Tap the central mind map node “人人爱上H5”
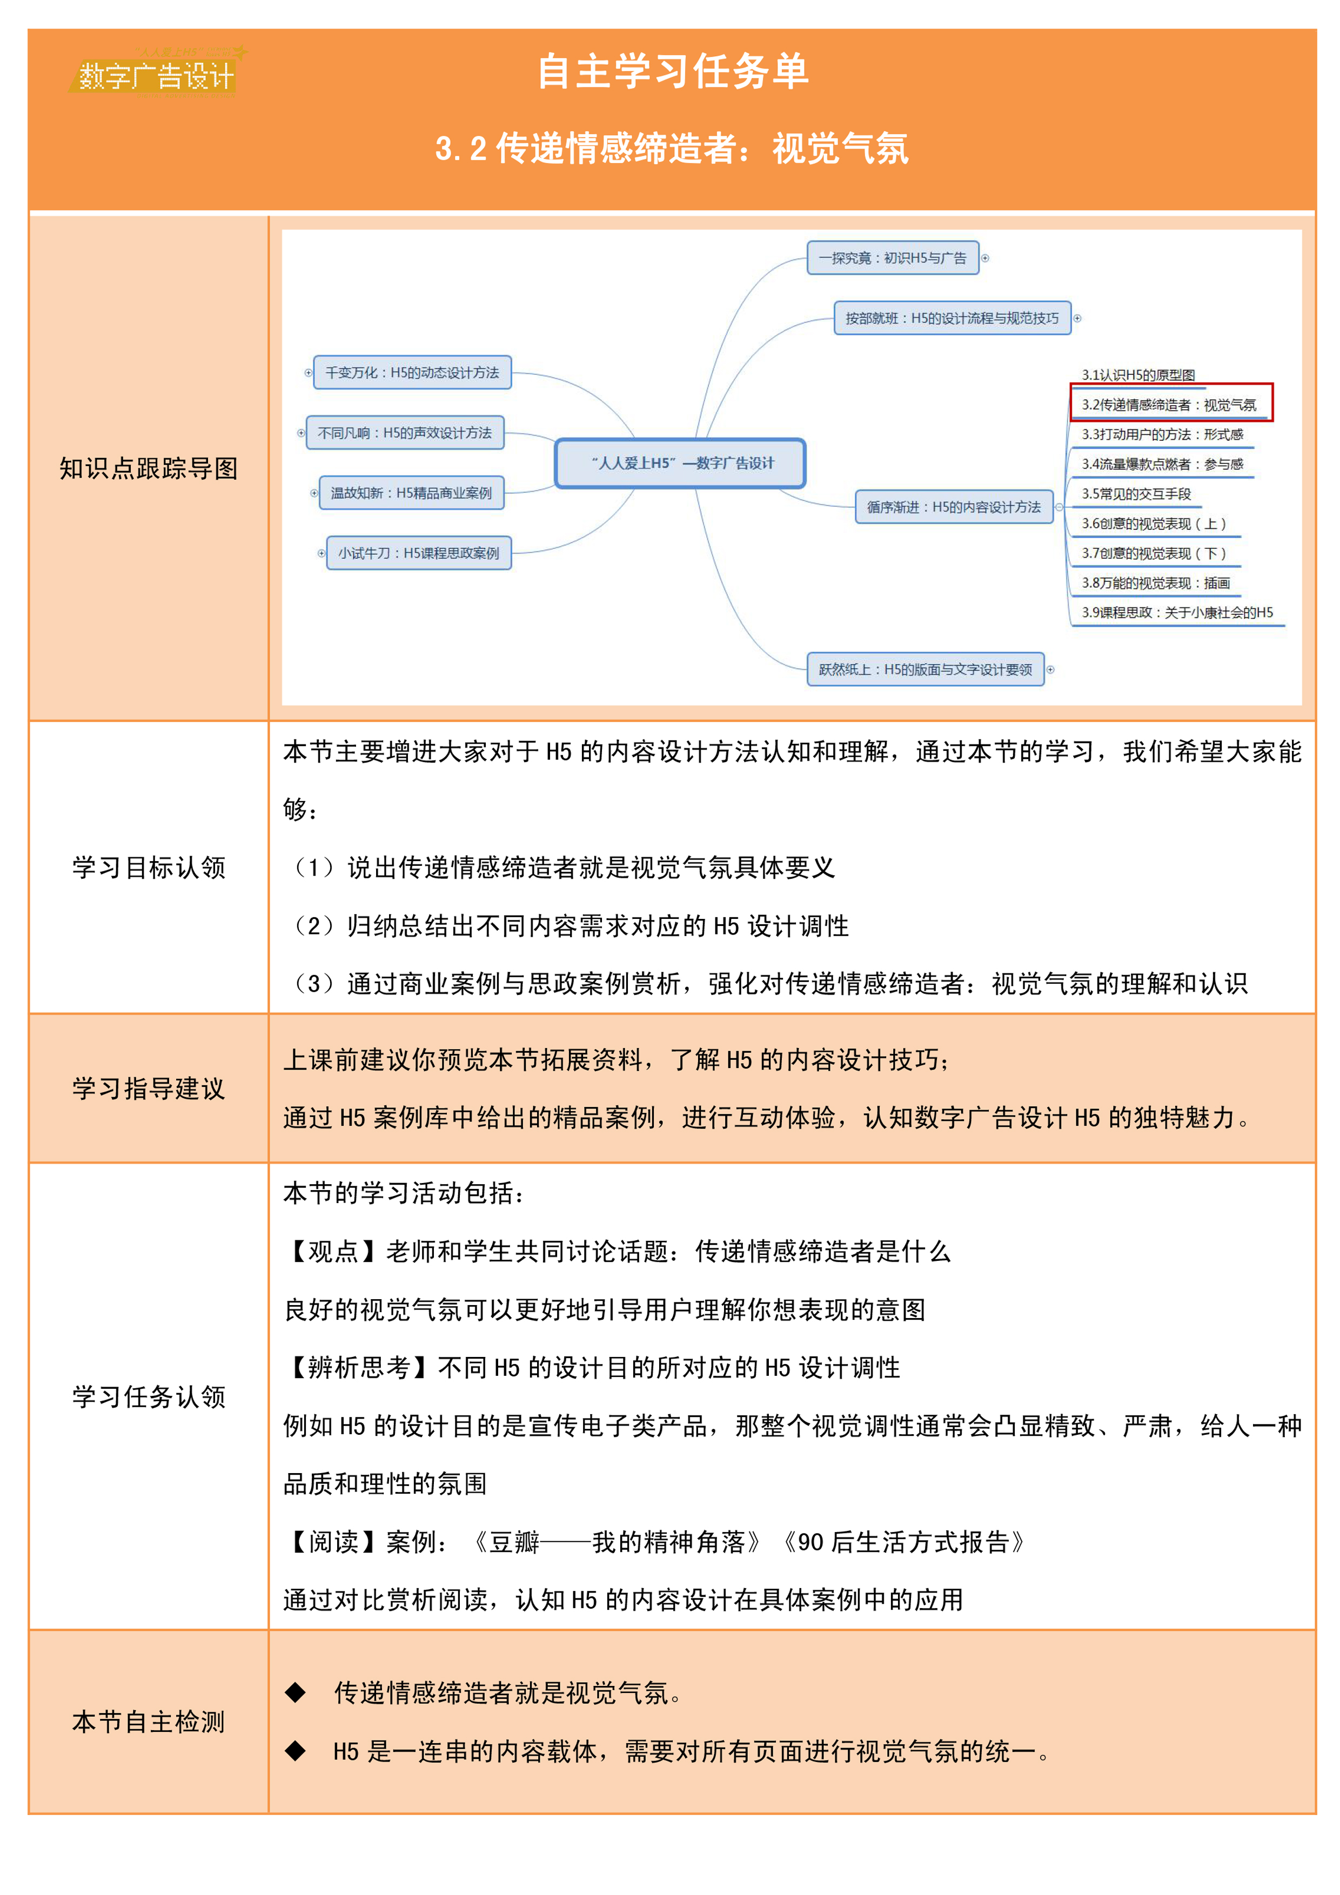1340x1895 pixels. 680,463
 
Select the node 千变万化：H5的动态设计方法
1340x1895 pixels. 411,372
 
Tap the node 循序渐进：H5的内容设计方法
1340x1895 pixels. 954,507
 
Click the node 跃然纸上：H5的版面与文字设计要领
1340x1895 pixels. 924,669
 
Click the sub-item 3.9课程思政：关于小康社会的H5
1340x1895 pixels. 1176,613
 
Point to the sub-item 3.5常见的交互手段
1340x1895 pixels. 1136,494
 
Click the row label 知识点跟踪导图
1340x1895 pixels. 149,468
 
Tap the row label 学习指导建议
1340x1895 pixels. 149,1088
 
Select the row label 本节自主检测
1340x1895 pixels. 149,1721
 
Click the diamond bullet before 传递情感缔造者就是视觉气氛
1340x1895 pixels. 295,1693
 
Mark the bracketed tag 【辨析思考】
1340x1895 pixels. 360,1368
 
